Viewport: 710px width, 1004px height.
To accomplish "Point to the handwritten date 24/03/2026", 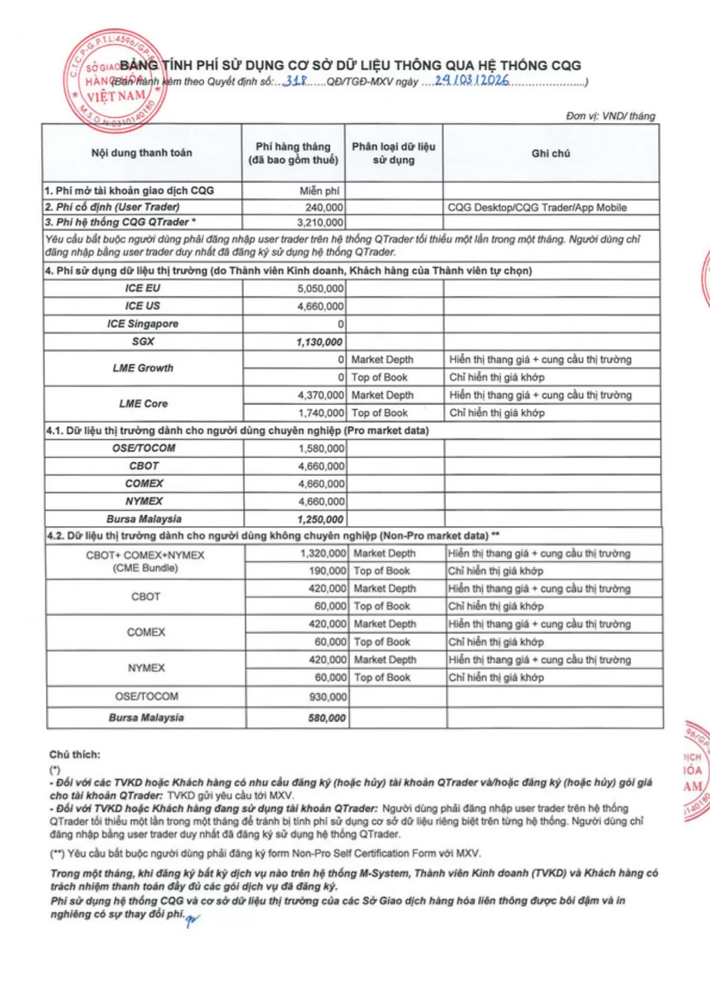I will (x=471, y=80).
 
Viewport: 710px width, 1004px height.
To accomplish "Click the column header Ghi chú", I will (x=550, y=153).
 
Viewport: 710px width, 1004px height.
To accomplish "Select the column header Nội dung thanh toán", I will (x=141, y=153).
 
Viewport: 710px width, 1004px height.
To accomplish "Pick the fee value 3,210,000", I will (x=320, y=223).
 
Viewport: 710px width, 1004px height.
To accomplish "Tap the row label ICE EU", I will (x=142, y=288).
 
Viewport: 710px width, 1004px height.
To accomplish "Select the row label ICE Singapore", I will (x=142, y=324).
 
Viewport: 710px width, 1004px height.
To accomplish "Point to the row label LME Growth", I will (x=142, y=368).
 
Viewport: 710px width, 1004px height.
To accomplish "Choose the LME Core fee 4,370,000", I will (x=320, y=395).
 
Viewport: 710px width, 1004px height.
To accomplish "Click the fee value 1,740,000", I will (x=320, y=413).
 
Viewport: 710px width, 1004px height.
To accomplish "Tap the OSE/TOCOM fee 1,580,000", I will (x=321, y=449).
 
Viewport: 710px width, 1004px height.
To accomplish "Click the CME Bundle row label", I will (x=145, y=561).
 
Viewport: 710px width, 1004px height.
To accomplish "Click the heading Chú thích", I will (x=74, y=755).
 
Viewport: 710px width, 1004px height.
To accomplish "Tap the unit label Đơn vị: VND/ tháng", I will (x=610, y=116).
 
